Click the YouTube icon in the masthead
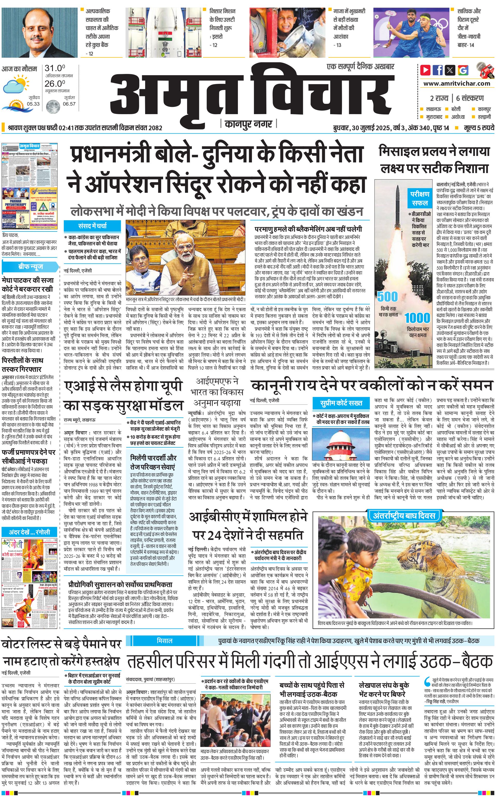(426, 70)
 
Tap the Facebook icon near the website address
(438, 70)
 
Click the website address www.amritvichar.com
(457, 84)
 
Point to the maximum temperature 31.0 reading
(55, 68)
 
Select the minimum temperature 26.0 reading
(55, 84)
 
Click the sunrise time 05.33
(33, 104)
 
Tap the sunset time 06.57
(69, 104)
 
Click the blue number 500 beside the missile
(387, 297)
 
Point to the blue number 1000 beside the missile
(417, 318)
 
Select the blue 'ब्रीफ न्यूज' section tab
(31, 267)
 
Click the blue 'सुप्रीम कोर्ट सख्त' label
(341, 403)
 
